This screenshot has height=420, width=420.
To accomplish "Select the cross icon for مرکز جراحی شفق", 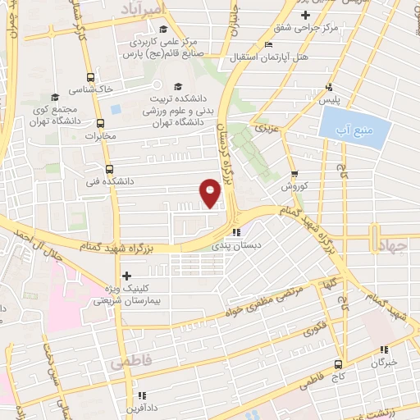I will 305,15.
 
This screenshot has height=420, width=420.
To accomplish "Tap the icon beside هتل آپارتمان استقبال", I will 268,45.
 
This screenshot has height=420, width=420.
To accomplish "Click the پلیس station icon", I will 329,87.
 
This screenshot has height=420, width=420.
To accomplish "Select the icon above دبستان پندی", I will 237,231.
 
